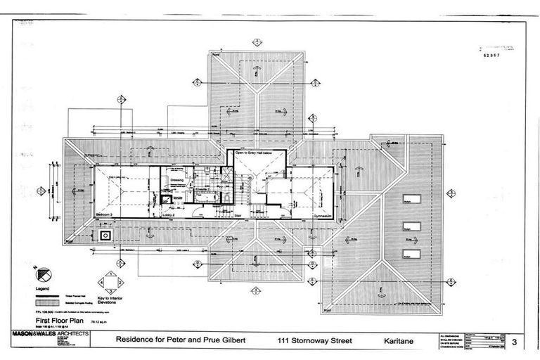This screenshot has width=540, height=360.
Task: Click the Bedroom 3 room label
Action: coord(106,214)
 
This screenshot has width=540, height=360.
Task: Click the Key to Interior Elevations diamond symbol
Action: coord(111,283)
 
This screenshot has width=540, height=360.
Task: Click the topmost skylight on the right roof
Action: coord(412,198)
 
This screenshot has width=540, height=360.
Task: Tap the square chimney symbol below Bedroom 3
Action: coord(107,235)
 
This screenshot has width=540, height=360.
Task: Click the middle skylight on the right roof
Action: coord(412,226)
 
